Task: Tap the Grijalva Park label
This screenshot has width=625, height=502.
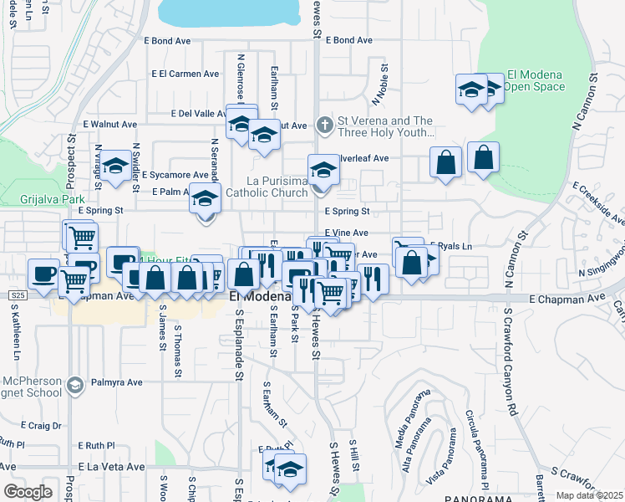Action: tap(48, 199)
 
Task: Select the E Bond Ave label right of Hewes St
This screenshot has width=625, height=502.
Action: tap(349, 39)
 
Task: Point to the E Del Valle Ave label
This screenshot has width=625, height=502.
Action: tap(198, 114)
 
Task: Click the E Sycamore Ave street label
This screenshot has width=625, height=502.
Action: tap(174, 176)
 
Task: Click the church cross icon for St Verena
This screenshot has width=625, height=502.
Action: tap(326, 125)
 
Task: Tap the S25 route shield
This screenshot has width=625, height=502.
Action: tap(19, 295)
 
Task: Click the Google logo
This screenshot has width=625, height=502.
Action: tap(28, 491)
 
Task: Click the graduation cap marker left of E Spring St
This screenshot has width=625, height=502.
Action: tap(204, 199)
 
